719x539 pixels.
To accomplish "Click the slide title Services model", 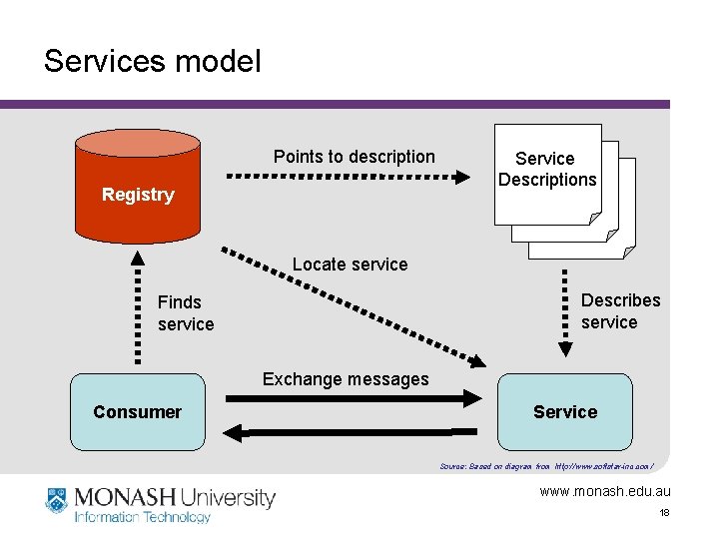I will point(152,62).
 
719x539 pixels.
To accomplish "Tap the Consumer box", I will point(138,411).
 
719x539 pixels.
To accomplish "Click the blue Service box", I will point(564,411).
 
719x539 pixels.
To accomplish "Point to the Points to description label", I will point(354,157).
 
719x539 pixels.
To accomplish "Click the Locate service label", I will point(350,265).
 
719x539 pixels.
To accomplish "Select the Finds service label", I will point(185,312).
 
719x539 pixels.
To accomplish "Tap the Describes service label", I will point(620,310).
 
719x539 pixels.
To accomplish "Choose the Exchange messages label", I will point(345,379).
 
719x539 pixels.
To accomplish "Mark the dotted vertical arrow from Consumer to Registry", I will point(137,312).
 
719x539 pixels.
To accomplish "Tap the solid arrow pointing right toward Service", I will point(354,399).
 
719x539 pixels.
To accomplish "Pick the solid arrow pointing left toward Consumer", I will point(354,432).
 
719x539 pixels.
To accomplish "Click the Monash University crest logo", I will point(56,500).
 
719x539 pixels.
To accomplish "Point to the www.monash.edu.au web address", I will point(605,491).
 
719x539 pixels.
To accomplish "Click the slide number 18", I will point(664,512).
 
